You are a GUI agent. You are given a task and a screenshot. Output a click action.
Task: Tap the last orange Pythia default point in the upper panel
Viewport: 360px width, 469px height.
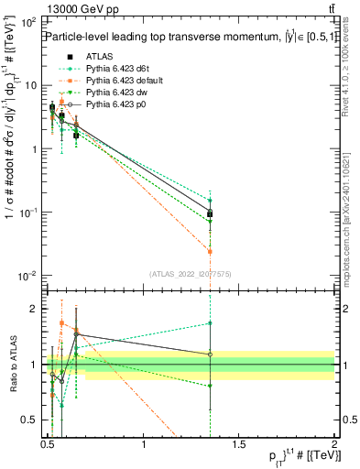[211, 251]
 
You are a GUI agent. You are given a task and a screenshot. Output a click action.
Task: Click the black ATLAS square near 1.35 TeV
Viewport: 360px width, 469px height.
[211, 214]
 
